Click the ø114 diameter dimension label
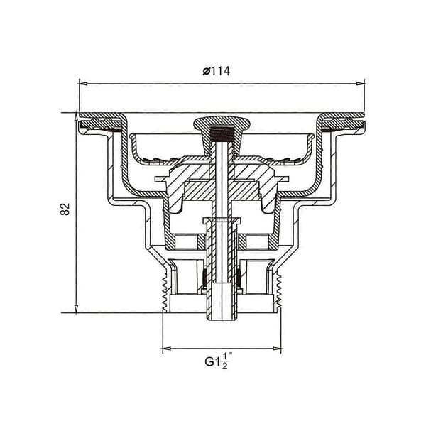(217, 71)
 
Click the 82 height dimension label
(65, 209)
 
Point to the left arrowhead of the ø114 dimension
(83, 84)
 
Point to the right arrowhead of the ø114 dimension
(360, 84)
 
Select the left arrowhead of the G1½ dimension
(167, 349)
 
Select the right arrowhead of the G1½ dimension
(277, 349)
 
